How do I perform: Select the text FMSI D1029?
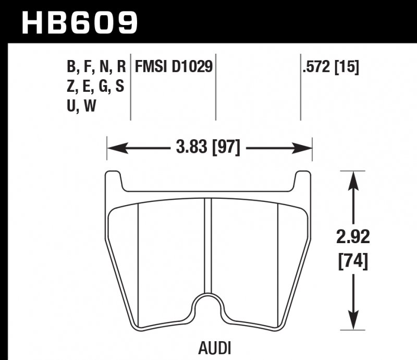(174, 67)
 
